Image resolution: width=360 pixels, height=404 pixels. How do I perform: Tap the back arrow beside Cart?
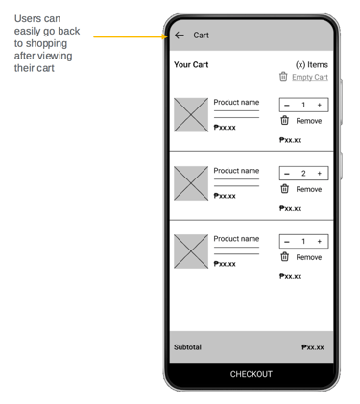click(x=180, y=36)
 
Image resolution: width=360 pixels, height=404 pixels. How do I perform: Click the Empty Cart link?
click(x=310, y=77)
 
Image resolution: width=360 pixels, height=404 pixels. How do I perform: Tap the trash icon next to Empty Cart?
click(x=283, y=77)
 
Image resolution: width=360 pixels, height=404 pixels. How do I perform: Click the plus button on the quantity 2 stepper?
click(x=319, y=173)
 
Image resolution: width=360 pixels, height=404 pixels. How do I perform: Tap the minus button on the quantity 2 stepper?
click(x=287, y=174)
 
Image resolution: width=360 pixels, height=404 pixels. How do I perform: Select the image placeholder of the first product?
click(x=191, y=115)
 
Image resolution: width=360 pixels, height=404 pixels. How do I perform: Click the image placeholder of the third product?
click(x=191, y=251)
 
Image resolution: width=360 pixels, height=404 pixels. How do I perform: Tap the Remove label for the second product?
click(x=308, y=189)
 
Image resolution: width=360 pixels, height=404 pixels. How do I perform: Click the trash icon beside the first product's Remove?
click(x=284, y=120)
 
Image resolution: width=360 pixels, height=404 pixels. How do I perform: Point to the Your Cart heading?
click(x=191, y=64)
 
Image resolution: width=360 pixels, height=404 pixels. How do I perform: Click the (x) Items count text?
click(x=312, y=65)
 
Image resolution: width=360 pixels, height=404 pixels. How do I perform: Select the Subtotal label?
click(x=187, y=347)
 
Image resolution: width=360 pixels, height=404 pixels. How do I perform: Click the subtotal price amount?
click(x=313, y=347)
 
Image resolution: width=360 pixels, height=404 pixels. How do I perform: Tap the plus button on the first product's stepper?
click(x=319, y=105)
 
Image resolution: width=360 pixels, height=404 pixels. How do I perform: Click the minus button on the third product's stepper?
click(x=287, y=242)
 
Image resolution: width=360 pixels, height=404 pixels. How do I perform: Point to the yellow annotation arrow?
click(x=131, y=36)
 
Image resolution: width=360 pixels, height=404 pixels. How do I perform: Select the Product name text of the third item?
click(x=236, y=239)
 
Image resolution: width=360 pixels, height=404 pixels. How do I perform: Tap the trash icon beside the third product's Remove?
click(x=284, y=257)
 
